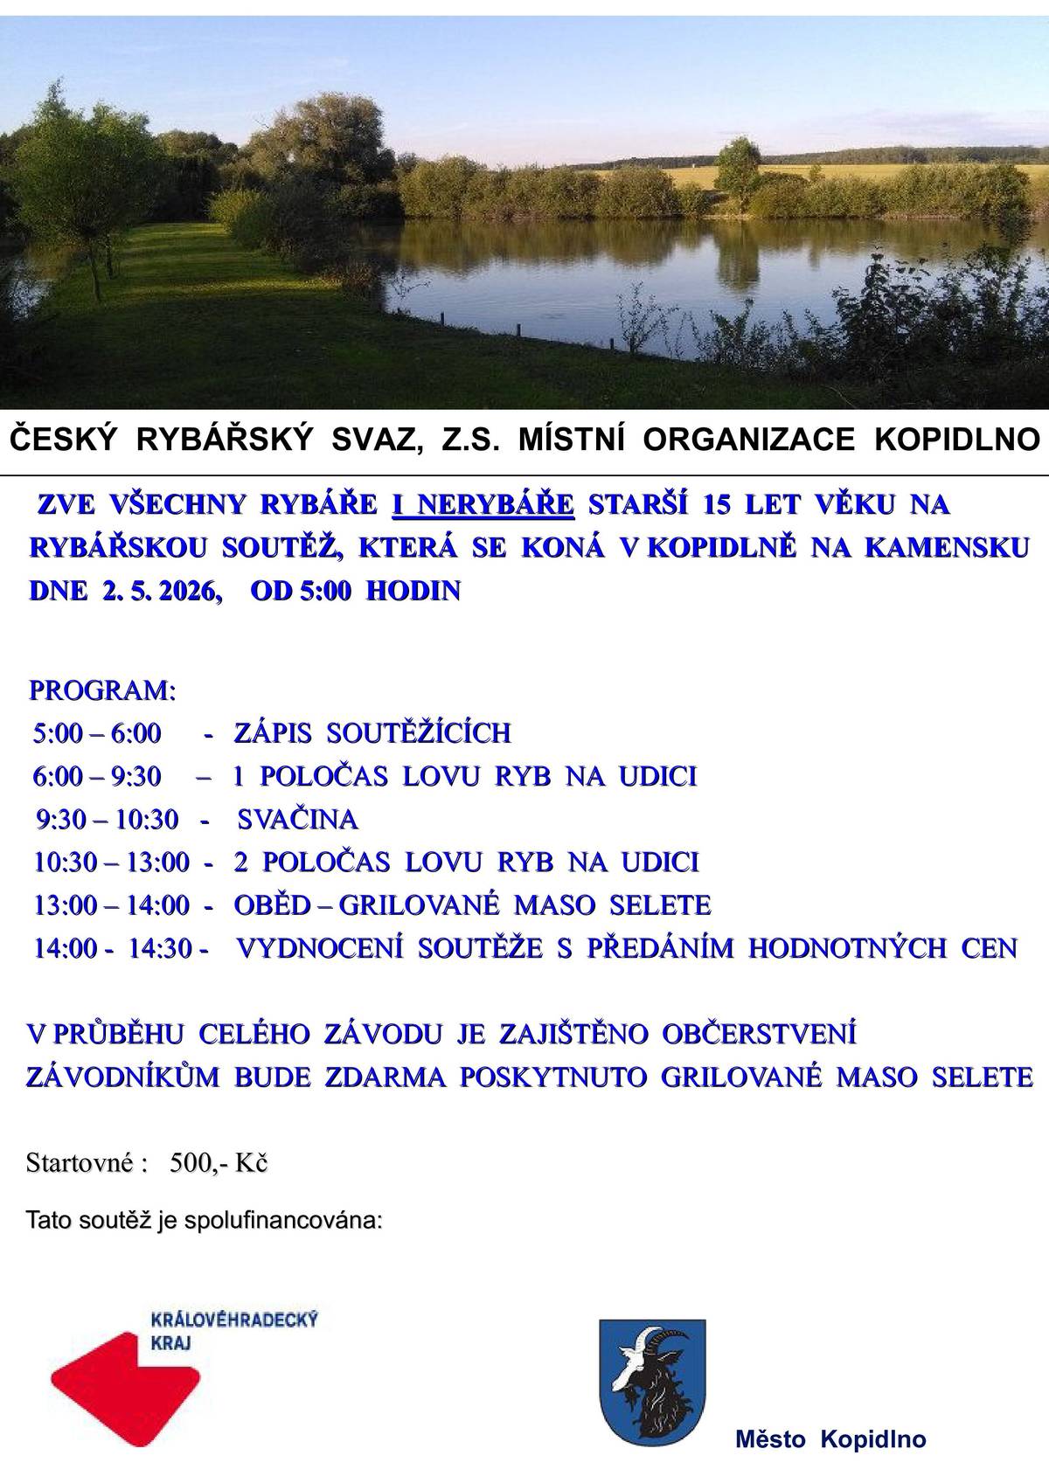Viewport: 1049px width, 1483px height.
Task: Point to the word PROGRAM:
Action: [x=103, y=690]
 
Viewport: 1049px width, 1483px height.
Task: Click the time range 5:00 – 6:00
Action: [x=97, y=732]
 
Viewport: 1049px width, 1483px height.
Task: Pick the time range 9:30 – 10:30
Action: [x=108, y=820]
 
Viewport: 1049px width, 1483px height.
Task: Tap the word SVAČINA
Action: [x=297, y=820]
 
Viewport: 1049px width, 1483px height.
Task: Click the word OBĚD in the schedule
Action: [x=272, y=904]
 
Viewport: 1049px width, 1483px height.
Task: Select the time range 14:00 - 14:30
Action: [x=122, y=947]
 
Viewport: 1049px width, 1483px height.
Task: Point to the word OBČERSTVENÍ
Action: [x=759, y=1034]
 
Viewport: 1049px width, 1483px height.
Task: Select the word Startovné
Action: [x=80, y=1164]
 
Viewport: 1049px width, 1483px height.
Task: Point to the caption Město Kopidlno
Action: [x=830, y=1439]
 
